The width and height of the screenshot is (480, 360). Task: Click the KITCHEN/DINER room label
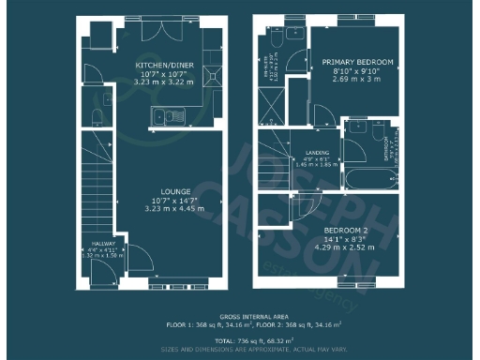coord(165,66)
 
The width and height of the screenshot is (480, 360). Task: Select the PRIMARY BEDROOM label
coord(352,62)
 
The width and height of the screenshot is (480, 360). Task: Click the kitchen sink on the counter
coord(174,116)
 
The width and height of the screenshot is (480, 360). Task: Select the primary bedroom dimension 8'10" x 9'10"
coord(352,71)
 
